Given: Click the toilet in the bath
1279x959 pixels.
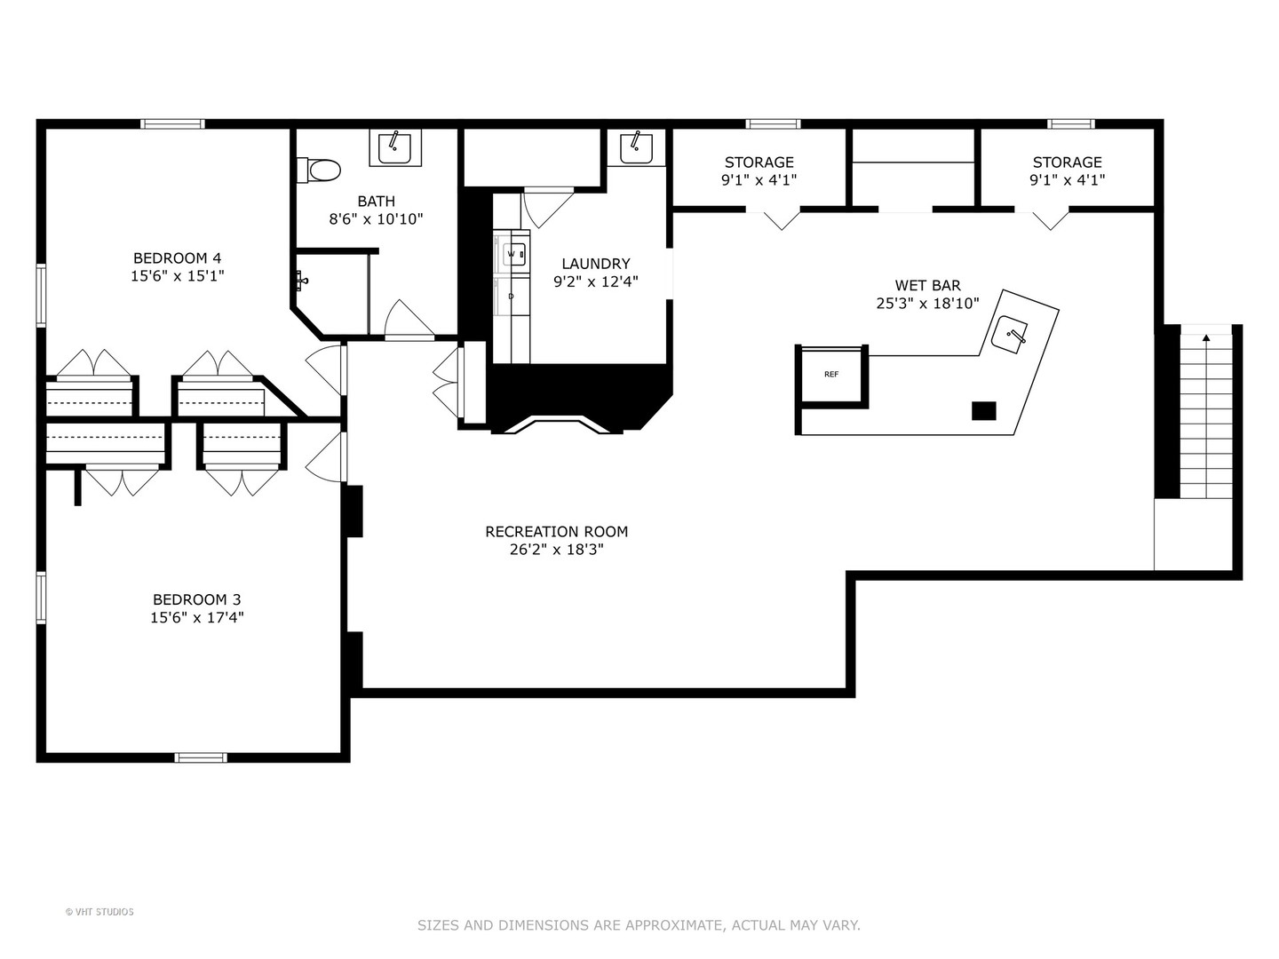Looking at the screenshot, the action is pyautogui.click(x=318, y=170).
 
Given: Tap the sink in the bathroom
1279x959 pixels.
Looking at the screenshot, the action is pyautogui.click(x=395, y=147).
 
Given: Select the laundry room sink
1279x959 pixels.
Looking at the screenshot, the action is pyautogui.click(x=636, y=147).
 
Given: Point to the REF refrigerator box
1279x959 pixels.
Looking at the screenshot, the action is pyautogui.click(x=831, y=375).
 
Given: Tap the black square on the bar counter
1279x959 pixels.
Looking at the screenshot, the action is pyautogui.click(x=983, y=411).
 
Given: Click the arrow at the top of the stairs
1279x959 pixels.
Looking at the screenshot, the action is pyautogui.click(x=1206, y=337).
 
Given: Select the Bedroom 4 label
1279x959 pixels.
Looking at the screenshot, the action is pyautogui.click(x=177, y=258).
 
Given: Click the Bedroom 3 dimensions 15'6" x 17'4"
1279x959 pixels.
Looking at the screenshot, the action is pyautogui.click(x=197, y=617).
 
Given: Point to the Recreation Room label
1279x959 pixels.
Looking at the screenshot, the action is pyautogui.click(x=557, y=532).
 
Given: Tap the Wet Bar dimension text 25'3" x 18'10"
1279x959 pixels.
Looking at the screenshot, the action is pyautogui.click(x=927, y=304).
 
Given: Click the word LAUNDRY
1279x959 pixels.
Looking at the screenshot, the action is pyautogui.click(x=595, y=264).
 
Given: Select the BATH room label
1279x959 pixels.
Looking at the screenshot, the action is pyautogui.click(x=377, y=202).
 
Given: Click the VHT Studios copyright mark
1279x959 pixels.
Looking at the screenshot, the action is pyautogui.click(x=99, y=912).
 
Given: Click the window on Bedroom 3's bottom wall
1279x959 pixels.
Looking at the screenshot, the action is pyautogui.click(x=201, y=757).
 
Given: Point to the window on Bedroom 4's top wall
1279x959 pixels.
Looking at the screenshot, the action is pyautogui.click(x=173, y=124).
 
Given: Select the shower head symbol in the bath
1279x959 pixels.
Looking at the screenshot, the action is pyautogui.click(x=302, y=281).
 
